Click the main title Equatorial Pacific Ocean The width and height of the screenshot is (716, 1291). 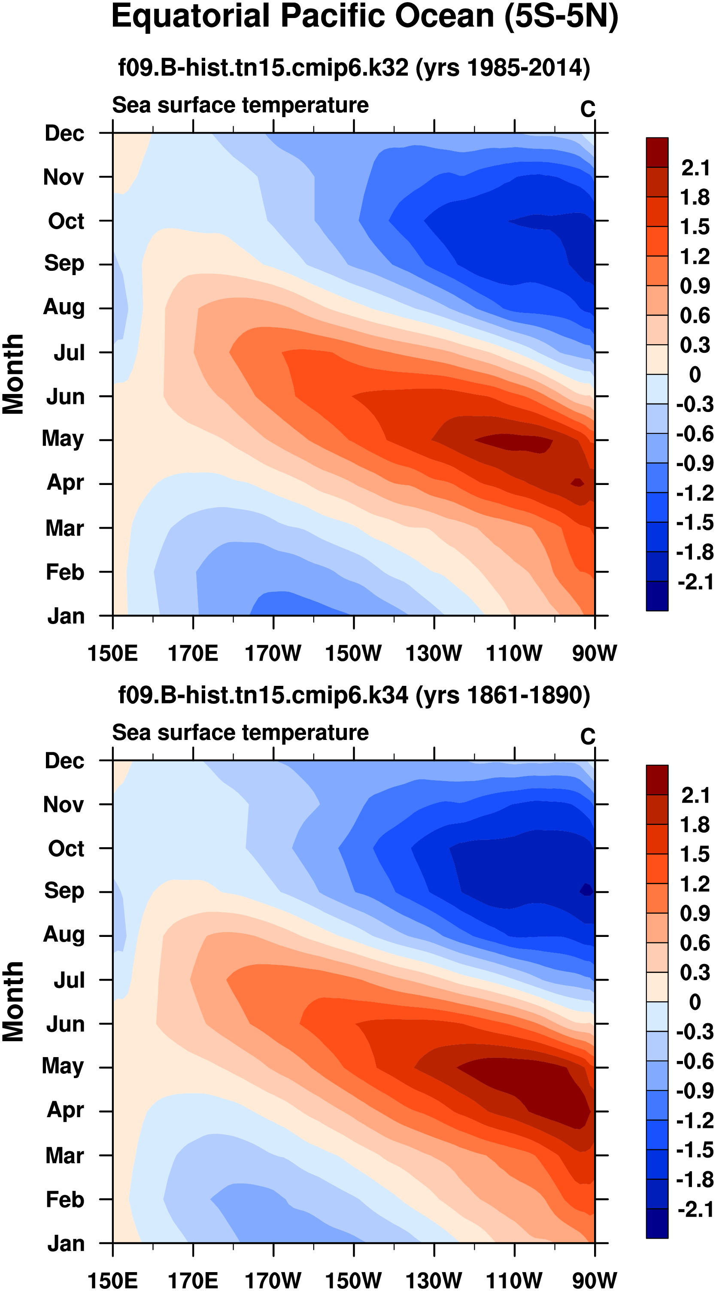[364, 17]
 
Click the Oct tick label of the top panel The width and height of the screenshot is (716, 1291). [66, 221]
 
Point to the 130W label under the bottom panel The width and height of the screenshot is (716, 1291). [434, 1279]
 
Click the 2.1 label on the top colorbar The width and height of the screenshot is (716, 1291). [695, 168]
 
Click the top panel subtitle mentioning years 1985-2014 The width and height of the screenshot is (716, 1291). [354, 67]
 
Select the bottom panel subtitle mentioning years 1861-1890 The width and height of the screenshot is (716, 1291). [354, 694]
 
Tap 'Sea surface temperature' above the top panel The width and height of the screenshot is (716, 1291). [240, 105]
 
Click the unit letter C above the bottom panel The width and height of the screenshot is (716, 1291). [588, 736]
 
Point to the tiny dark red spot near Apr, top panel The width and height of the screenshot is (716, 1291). [578, 482]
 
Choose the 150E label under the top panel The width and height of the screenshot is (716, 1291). [112, 654]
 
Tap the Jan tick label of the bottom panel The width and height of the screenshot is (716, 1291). [66, 1243]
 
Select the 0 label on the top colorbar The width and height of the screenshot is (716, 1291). [695, 374]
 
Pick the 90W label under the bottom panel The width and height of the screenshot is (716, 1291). [594, 1279]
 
